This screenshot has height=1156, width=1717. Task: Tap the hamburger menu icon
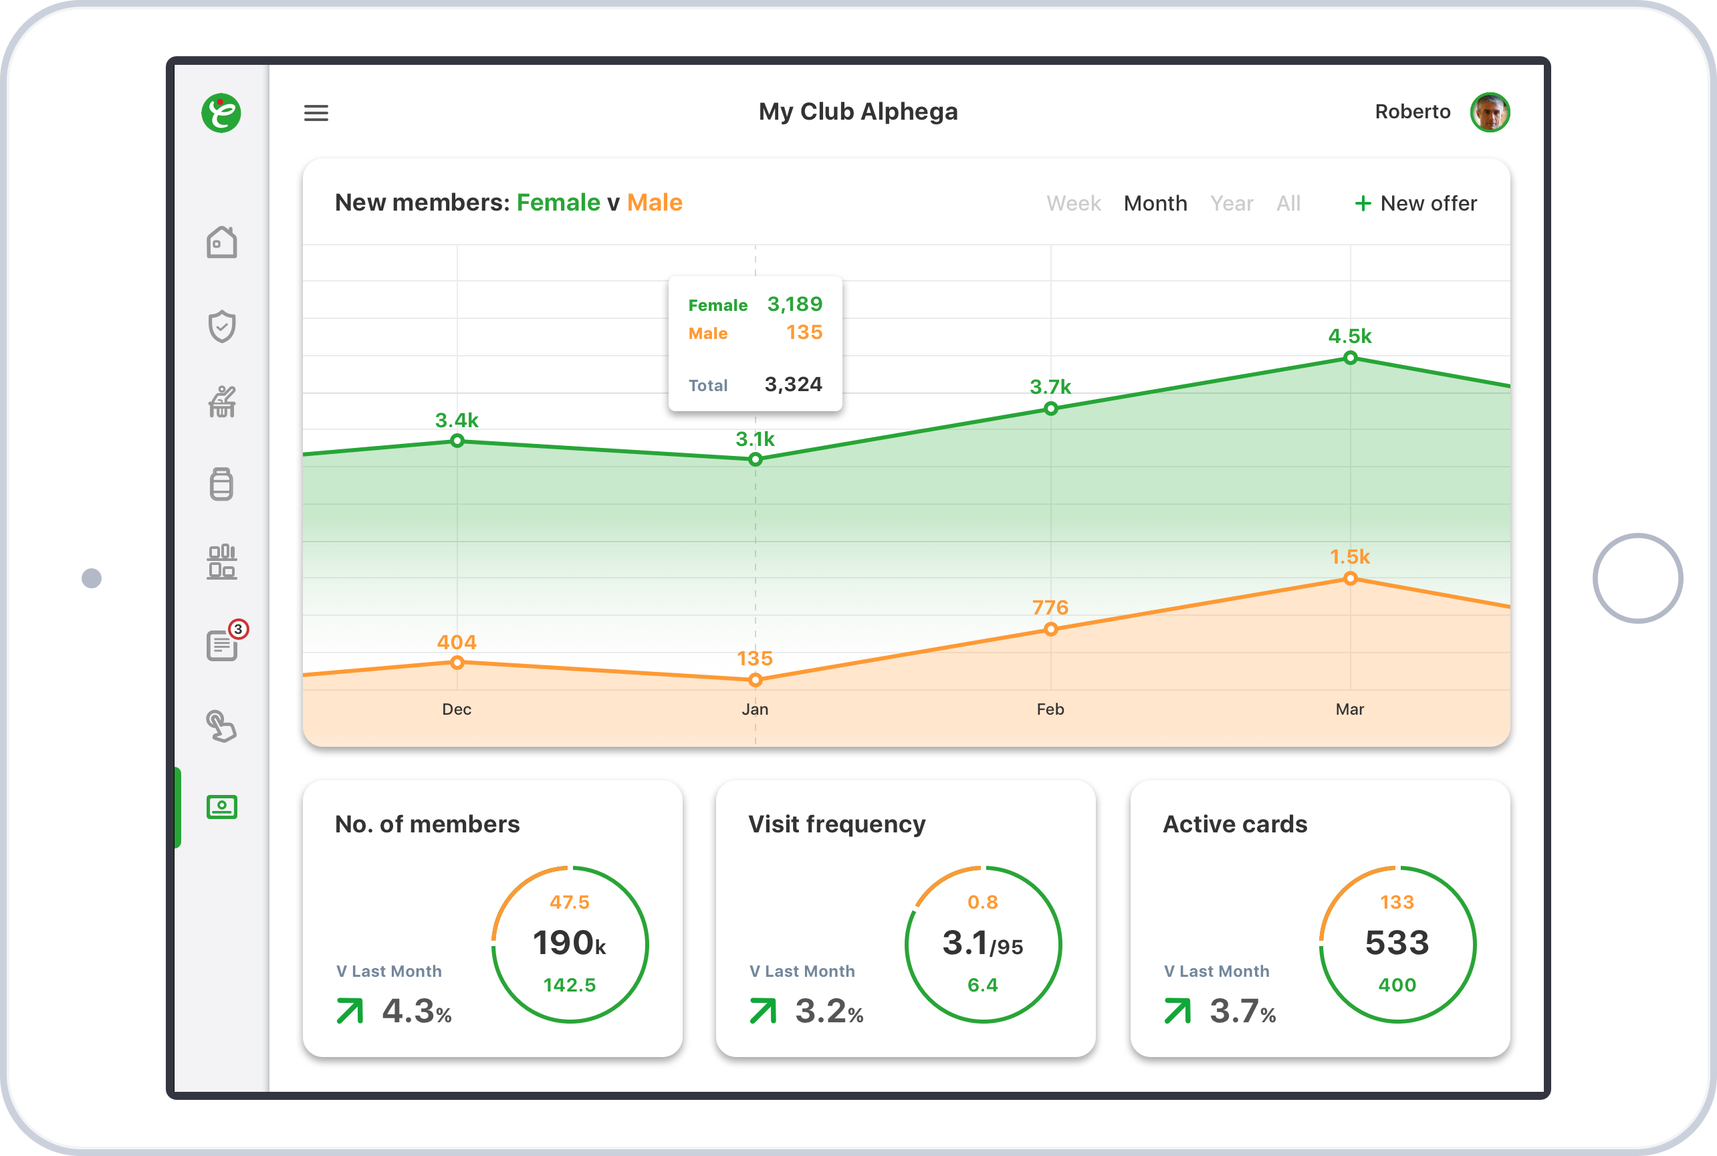pos(316,113)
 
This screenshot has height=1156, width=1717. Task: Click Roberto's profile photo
pos(1489,113)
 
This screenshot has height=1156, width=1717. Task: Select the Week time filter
pos(1073,203)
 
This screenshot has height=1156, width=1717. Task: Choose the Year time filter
pos(1231,203)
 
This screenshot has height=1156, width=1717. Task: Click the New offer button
pos(1415,203)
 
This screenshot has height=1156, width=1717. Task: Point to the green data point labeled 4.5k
pos(1350,358)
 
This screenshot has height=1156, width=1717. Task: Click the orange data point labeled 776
pos(1050,629)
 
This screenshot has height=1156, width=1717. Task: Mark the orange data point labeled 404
pos(457,662)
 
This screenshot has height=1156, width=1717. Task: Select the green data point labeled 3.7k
pos(1050,409)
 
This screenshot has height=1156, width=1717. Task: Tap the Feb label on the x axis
pos(1050,709)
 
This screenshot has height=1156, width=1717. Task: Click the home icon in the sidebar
pos(222,243)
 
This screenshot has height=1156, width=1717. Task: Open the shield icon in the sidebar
pos(222,326)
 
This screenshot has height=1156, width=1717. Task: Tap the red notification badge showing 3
pos(238,629)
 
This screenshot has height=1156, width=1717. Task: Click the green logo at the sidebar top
pos(221,113)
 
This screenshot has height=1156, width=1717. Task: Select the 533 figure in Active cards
pos(1396,943)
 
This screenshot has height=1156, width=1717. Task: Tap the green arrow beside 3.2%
pos(763,1011)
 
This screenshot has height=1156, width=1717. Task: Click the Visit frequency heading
pos(836,824)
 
